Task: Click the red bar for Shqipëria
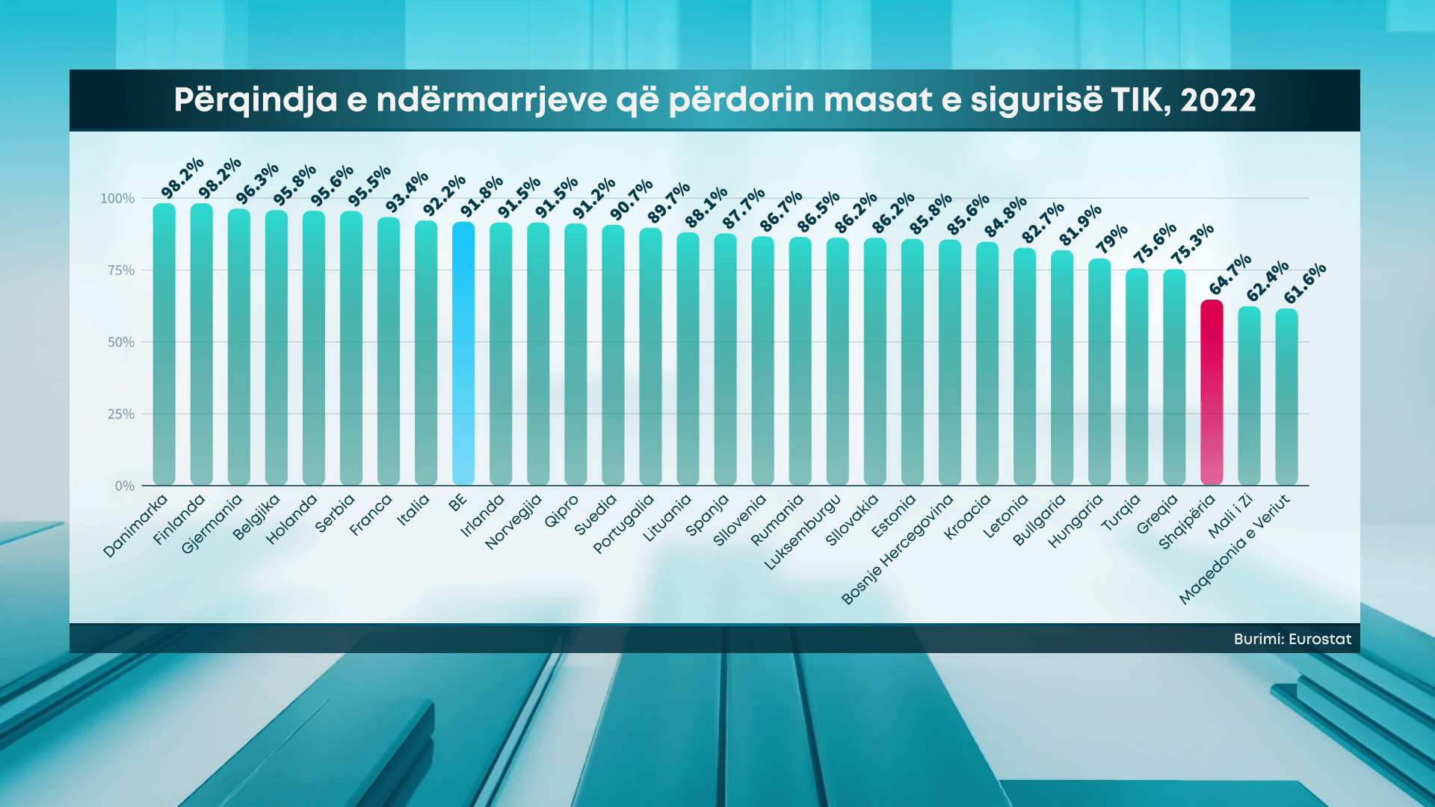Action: [x=1212, y=392]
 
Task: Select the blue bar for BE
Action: [x=463, y=353]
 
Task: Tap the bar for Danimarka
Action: [x=164, y=344]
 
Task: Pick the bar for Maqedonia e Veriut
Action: [x=1286, y=397]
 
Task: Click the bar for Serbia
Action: [x=351, y=347]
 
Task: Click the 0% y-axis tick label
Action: [x=125, y=486]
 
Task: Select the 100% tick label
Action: [x=117, y=199]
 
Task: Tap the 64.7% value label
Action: [x=1230, y=274]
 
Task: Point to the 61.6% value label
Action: [x=1305, y=283]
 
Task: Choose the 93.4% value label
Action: [x=407, y=191]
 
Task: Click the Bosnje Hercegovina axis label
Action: [x=898, y=550]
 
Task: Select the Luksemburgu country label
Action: [x=803, y=533]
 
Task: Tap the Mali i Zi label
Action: [x=1230, y=516]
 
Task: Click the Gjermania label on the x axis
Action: [x=212, y=524]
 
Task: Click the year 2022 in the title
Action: [x=1218, y=100]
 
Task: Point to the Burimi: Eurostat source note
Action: [x=1292, y=640]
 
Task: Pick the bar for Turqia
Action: [x=1137, y=377]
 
